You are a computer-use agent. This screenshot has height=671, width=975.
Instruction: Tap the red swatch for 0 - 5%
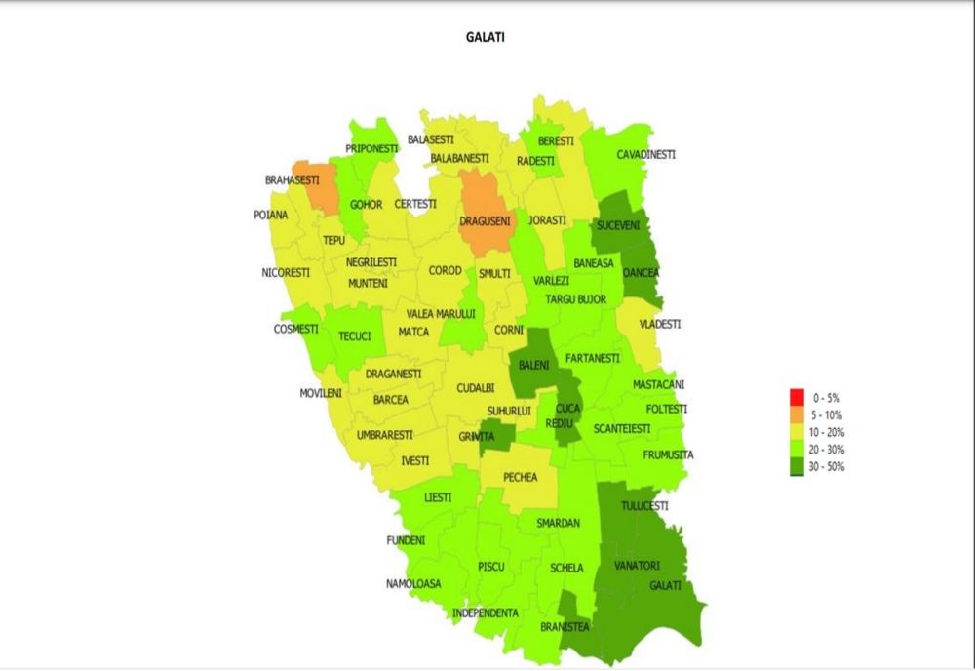796,398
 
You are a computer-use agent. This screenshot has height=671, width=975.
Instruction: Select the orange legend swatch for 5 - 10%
796,414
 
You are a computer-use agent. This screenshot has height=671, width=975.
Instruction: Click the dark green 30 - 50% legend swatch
796,466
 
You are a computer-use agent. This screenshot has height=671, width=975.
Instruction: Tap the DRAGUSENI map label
485,221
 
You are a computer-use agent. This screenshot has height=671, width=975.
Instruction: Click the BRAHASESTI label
292,180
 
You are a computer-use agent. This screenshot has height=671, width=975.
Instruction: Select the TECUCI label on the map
354,336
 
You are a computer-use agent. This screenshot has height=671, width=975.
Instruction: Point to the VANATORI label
637,566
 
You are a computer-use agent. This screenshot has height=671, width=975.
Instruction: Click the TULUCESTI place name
644,505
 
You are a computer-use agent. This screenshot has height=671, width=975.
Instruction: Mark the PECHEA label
520,477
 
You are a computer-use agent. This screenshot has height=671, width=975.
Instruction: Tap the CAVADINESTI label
645,154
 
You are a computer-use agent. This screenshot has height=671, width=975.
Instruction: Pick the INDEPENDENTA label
485,612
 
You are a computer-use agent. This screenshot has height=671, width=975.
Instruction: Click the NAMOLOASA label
412,583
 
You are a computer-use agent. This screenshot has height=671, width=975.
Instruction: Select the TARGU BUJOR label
575,299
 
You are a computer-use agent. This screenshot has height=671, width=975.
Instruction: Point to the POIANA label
271,215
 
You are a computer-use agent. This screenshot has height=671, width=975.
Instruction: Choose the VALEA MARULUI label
441,313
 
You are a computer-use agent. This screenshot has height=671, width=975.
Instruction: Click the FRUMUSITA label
668,454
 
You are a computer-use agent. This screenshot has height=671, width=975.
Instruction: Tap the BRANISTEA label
565,627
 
